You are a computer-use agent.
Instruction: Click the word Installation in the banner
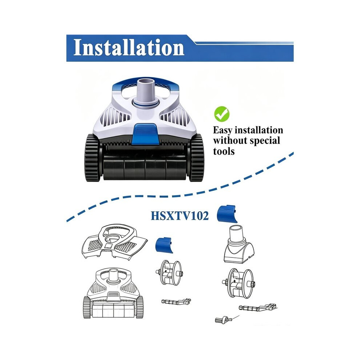tap(129, 48)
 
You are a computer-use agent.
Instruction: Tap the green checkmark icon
tap(222, 114)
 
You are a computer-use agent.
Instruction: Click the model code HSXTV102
tap(180, 216)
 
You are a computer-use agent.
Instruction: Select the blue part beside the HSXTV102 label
tap(227, 214)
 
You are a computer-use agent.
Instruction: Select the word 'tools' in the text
tap(224, 151)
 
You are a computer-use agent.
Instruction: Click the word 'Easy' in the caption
tap(223, 131)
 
